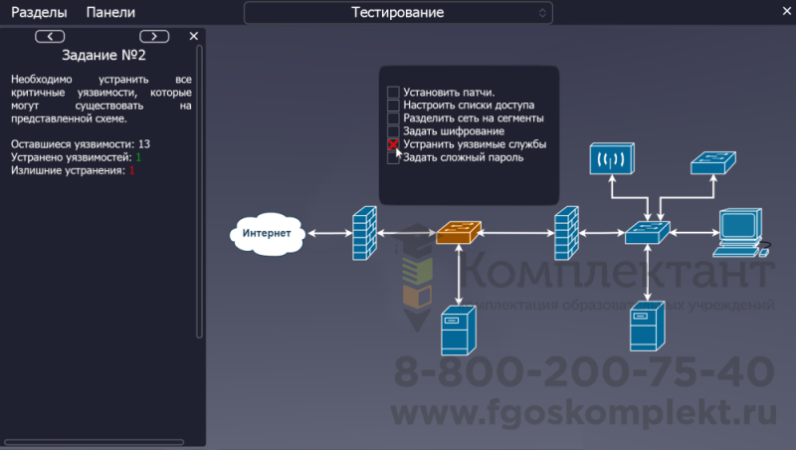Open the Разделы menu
[x=39, y=13]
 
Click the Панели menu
[x=110, y=13]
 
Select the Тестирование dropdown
[x=398, y=13]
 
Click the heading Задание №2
[x=103, y=55]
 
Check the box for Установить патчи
[x=393, y=93]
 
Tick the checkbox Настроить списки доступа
[x=393, y=106]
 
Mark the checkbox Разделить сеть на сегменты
[x=393, y=118]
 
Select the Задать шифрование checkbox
[x=393, y=131]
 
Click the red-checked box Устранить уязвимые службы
[x=393, y=144]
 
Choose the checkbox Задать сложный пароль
[x=393, y=157]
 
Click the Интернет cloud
[x=267, y=234]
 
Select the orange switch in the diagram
[x=460, y=233]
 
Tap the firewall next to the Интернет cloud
[x=365, y=233]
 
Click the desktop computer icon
[x=740, y=231]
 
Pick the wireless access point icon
[x=609, y=159]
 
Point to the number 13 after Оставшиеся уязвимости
[x=144, y=144]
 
